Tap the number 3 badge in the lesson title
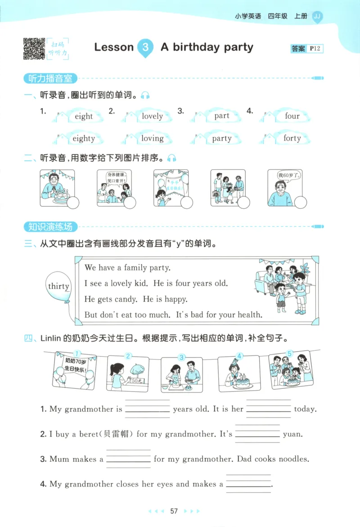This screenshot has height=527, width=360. point(145,47)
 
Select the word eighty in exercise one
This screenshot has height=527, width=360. point(84,139)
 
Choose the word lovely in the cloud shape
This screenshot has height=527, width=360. point(152,116)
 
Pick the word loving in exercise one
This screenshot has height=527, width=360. point(152,139)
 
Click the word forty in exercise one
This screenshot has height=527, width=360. point(292,138)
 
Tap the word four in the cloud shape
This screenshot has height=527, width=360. point(292,116)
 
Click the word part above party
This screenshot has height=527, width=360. point(222,116)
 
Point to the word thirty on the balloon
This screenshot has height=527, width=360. point(58,287)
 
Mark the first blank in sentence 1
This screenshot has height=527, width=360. point(147,410)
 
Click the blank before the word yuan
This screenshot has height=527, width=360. point(257,434)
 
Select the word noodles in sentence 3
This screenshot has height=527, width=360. point(293,459)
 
